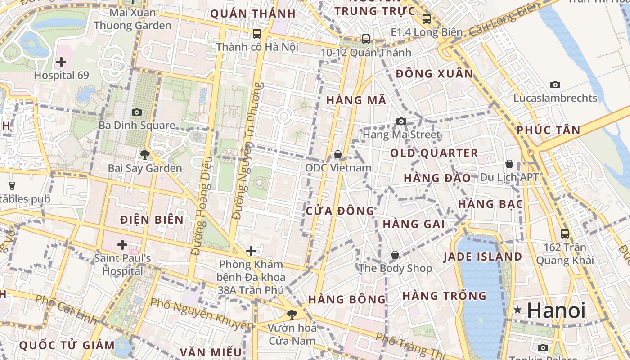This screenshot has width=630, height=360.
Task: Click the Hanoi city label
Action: [556, 310]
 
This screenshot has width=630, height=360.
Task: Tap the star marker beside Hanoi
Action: [518, 310]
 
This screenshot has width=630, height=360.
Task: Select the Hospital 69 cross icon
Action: [61, 62]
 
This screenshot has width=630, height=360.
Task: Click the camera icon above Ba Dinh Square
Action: [137, 112]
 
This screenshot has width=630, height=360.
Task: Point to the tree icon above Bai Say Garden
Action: [144, 155]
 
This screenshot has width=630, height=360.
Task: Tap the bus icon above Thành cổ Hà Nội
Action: [257, 33]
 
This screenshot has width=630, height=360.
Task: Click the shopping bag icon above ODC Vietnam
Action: [338, 154]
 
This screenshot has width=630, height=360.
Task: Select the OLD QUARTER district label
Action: [434, 153]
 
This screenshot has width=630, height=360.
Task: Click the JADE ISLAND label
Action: [482, 257]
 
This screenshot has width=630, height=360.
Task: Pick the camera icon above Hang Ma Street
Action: [401, 121]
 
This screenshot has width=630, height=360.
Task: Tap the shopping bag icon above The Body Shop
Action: [395, 255]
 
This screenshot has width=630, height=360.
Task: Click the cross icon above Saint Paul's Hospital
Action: [122, 245]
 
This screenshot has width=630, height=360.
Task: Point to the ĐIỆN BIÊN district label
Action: [152, 220]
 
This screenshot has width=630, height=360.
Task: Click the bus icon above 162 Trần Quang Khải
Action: [565, 234]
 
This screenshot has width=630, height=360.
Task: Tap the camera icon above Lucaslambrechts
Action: [555, 85]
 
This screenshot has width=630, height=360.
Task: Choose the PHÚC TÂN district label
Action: [549, 130]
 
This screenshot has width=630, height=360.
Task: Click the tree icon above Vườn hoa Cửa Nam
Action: [292, 314]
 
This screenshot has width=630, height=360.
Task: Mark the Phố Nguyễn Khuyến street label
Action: [202, 313]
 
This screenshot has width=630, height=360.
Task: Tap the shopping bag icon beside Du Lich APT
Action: [509, 164]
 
